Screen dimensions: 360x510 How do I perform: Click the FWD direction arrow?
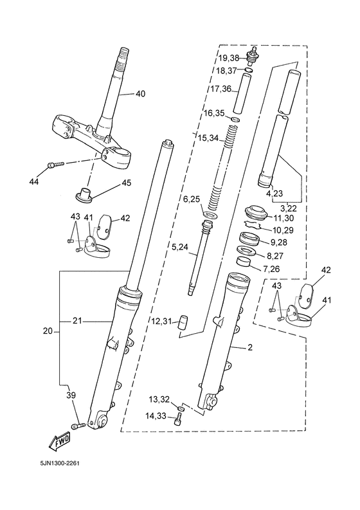(x=59, y=442)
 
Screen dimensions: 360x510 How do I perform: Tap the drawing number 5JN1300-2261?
(x=60, y=462)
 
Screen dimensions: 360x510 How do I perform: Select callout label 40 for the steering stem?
(x=140, y=94)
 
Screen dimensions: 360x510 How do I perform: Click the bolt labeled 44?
(x=57, y=165)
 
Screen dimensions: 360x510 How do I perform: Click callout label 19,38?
(x=229, y=59)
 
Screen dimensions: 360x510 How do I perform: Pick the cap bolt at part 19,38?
(x=253, y=57)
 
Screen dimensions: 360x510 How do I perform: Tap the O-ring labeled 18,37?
(x=249, y=70)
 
